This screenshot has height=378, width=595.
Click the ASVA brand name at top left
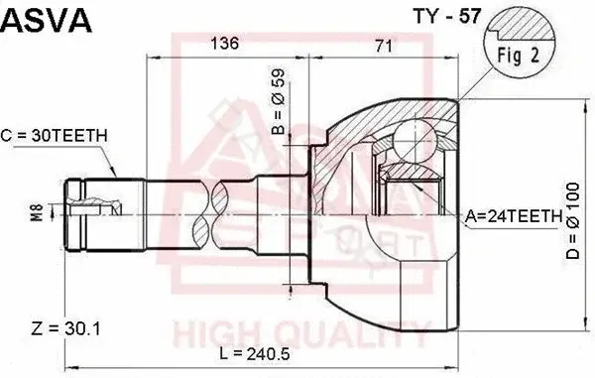[46, 21]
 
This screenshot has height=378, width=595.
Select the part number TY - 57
[447, 16]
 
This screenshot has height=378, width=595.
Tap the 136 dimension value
[225, 44]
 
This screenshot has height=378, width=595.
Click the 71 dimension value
[383, 46]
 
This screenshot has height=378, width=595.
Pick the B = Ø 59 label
[278, 102]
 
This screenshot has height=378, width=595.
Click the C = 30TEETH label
[55, 136]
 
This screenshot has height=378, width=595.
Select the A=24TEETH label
[514, 216]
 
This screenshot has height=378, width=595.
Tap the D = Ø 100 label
[573, 221]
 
